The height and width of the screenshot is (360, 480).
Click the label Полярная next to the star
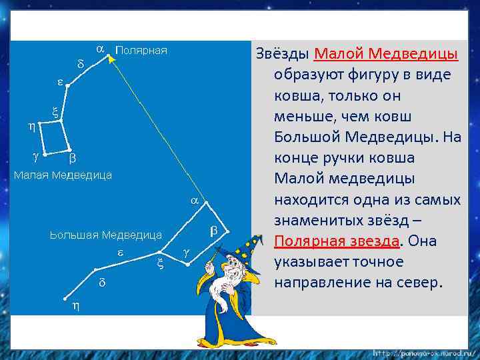(x=141, y=51)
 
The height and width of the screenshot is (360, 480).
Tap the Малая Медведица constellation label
(x=63, y=175)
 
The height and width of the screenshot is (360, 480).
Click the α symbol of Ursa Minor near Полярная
(x=100, y=49)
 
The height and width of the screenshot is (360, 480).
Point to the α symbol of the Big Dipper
(x=194, y=200)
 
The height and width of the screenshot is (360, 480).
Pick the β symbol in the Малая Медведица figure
(x=73, y=159)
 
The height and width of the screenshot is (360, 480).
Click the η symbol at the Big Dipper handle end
(x=75, y=306)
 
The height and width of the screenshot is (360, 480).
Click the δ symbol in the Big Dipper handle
(x=102, y=282)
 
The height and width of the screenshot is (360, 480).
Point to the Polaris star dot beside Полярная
(x=108, y=57)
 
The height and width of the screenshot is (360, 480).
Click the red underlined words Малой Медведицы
(x=385, y=53)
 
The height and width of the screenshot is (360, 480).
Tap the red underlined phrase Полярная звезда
(x=336, y=241)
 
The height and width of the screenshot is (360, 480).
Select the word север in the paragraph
(x=419, y=282)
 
